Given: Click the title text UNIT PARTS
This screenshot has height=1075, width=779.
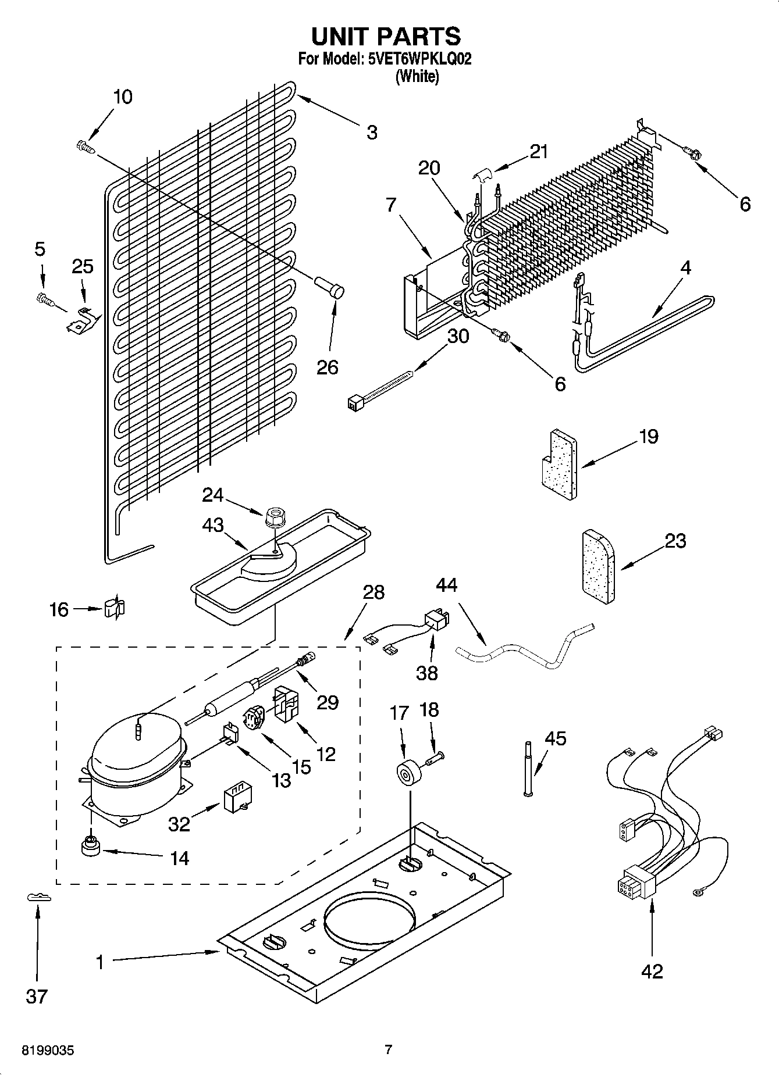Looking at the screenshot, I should point(386,36).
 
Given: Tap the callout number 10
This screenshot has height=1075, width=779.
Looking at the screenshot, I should point(122,97).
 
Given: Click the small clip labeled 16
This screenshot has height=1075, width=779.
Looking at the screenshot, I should point(114,609).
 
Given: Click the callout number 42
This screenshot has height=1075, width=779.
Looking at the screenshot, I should point(652,971).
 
